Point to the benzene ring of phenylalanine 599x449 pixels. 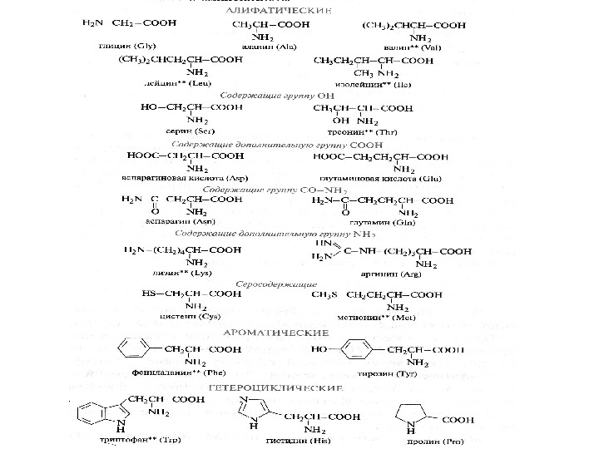pyautogui.click(x=135, y=349)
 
